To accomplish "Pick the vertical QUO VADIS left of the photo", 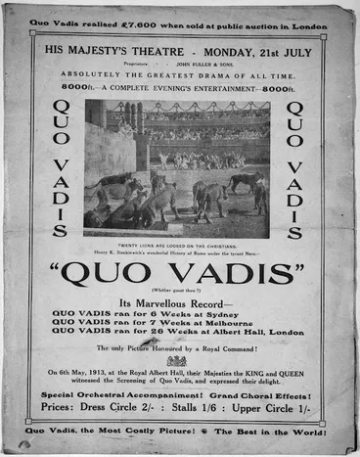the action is pos(60,168).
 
